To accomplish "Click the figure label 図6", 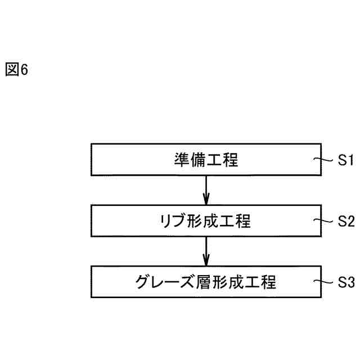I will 16,70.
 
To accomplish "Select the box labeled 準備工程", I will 206,160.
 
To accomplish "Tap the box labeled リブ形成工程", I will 206,220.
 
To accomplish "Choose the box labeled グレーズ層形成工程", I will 206,281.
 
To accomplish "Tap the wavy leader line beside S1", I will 327,160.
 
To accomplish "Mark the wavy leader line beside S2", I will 327,220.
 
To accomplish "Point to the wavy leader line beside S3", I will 327,281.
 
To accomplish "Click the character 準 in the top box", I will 182,160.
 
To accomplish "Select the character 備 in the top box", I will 198,160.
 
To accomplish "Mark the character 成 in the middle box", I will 214,221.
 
